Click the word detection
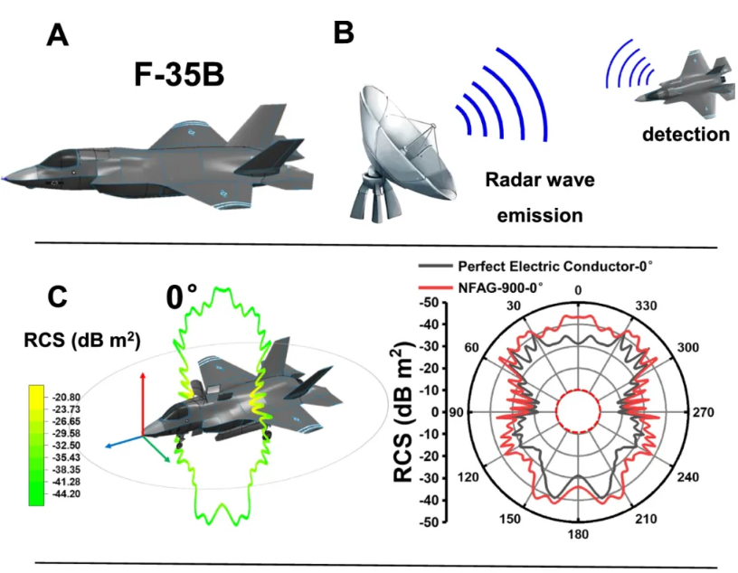(686, 136)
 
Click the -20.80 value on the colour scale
(65, 397)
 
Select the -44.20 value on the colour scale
(65, 494)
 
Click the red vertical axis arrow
(142, 398)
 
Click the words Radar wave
(541, 181)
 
